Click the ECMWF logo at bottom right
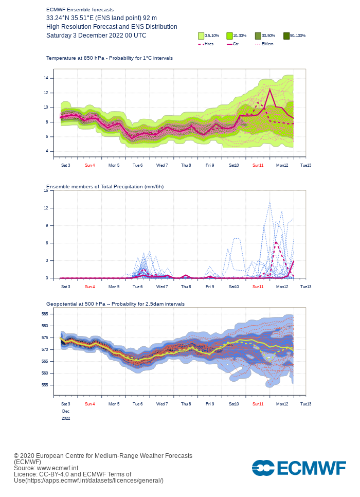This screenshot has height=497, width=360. (x=299, y=468)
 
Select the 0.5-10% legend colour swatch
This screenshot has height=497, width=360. (x=201, y=35)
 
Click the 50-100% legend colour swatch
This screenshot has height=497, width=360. (x=286, y=35)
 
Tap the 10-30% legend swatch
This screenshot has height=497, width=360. (x=229, y=35)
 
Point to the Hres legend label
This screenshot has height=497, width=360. (x=209, y=44)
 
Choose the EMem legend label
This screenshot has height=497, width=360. (x=267, y=44)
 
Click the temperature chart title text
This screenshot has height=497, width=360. (x=109, y=58)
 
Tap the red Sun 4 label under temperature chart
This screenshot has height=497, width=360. (x=89, y=165)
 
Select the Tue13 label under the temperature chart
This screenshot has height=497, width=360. (x=305, y=165)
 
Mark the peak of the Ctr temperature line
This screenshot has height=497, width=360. (x=270, y=90)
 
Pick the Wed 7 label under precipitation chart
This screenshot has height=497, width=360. (x=161, y=287)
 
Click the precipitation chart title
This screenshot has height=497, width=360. (x=105, y=186)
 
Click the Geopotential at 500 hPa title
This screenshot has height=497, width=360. (x=115, y=304)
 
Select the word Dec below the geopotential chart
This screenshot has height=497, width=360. (x=66, y=412)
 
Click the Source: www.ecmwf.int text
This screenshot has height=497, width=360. (x=46, y=468)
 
